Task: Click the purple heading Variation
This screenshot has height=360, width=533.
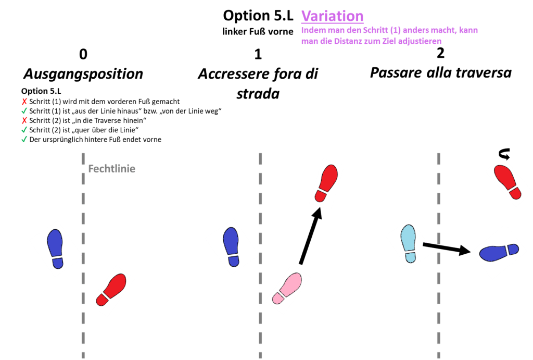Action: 332,16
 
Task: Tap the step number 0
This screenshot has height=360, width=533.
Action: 83,54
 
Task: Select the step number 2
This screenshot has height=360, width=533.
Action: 440,53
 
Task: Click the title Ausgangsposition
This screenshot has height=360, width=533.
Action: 83,73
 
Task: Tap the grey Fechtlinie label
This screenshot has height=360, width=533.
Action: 112,169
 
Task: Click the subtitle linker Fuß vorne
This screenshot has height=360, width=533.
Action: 258,31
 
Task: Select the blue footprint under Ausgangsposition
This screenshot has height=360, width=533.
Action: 55,249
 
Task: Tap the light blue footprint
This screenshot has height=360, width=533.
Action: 409,243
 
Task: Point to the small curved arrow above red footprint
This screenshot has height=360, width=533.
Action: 504,153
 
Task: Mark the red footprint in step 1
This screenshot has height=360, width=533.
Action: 327,184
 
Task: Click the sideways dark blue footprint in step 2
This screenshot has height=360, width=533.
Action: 499,252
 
